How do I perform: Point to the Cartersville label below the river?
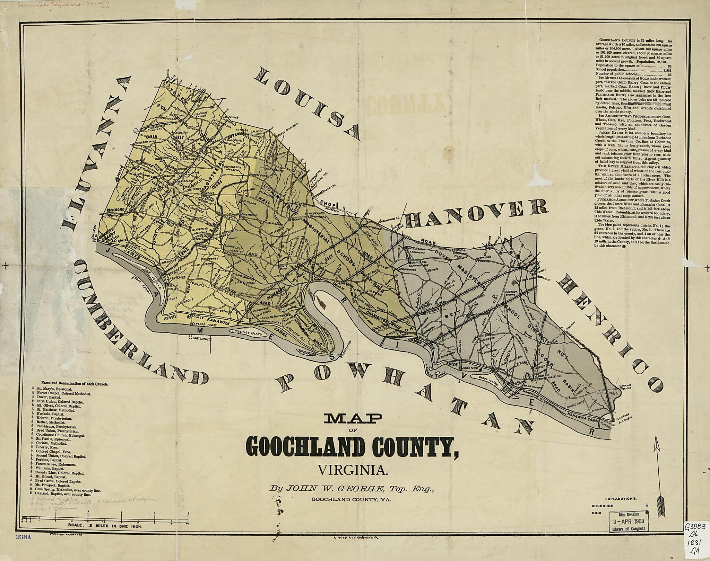coord(199,338)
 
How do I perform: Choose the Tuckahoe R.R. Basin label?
coord(621,416)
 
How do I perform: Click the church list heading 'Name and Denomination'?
coord(75,384)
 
